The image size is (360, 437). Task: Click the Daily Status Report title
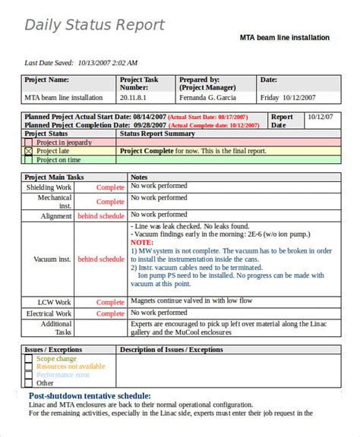click(x=94, y=25)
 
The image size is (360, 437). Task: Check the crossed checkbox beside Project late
click(x=30, y=151)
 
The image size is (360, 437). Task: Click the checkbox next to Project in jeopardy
click(x=30, y=142)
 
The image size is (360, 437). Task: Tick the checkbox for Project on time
click(x=30, y=160)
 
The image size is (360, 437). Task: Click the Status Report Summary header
click(x=157, y=134)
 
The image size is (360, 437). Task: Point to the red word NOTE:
click(x=142, y=243)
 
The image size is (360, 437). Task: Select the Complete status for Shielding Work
click(x=110, y=187)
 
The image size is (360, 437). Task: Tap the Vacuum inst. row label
click(x=52, y=259)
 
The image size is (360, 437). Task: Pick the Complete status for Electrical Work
click(x=110, y=313)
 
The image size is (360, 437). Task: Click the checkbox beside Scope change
click(x=29, y=358)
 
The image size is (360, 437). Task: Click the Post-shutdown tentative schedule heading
click(x=90, y=396)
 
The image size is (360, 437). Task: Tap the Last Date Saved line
click(x=81, y=63)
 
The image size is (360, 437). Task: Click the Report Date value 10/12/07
click(x=319, y=117)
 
